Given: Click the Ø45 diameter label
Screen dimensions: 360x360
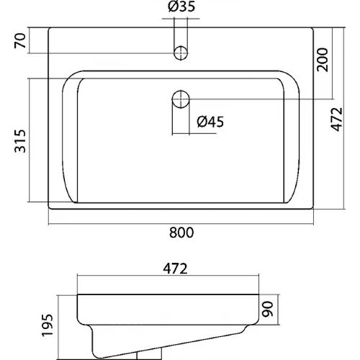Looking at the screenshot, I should pyautogui.click(x=210, y=122).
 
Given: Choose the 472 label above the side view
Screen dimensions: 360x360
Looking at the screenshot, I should pyautogui.click(x=174, y=269).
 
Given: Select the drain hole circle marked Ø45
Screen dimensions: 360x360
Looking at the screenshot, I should pyautogui.click(x=181, y=98).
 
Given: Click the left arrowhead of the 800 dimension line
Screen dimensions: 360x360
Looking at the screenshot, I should pyautogui.click(x=51, y=220).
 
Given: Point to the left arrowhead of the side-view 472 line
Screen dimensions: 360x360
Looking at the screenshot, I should pyautogui.click(x=78, y=278).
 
